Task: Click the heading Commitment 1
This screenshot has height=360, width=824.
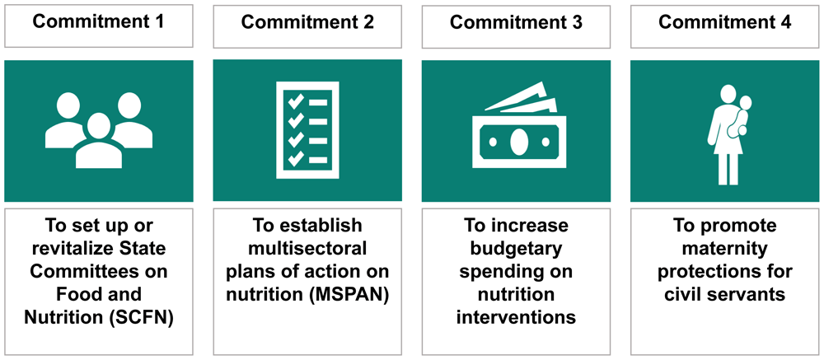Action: [x=98, y=22]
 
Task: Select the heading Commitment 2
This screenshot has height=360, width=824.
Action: [x=307, y=22]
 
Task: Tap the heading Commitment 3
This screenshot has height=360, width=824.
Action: [x=516, y=22]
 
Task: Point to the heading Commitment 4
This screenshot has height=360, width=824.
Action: [x=725, y=22]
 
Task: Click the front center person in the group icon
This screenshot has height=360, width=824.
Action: [x=99, y=141]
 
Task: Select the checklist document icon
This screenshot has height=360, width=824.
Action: [x=307, y=130]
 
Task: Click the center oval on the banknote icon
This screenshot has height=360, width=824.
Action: [x=518, y=142]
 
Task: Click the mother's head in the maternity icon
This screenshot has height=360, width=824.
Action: [x=728, y=95]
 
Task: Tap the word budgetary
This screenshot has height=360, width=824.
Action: [x=516, y=249]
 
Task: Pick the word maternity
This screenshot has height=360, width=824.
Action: [x=725, y=249]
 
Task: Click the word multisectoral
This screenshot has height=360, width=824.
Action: [x=307, y=249]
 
